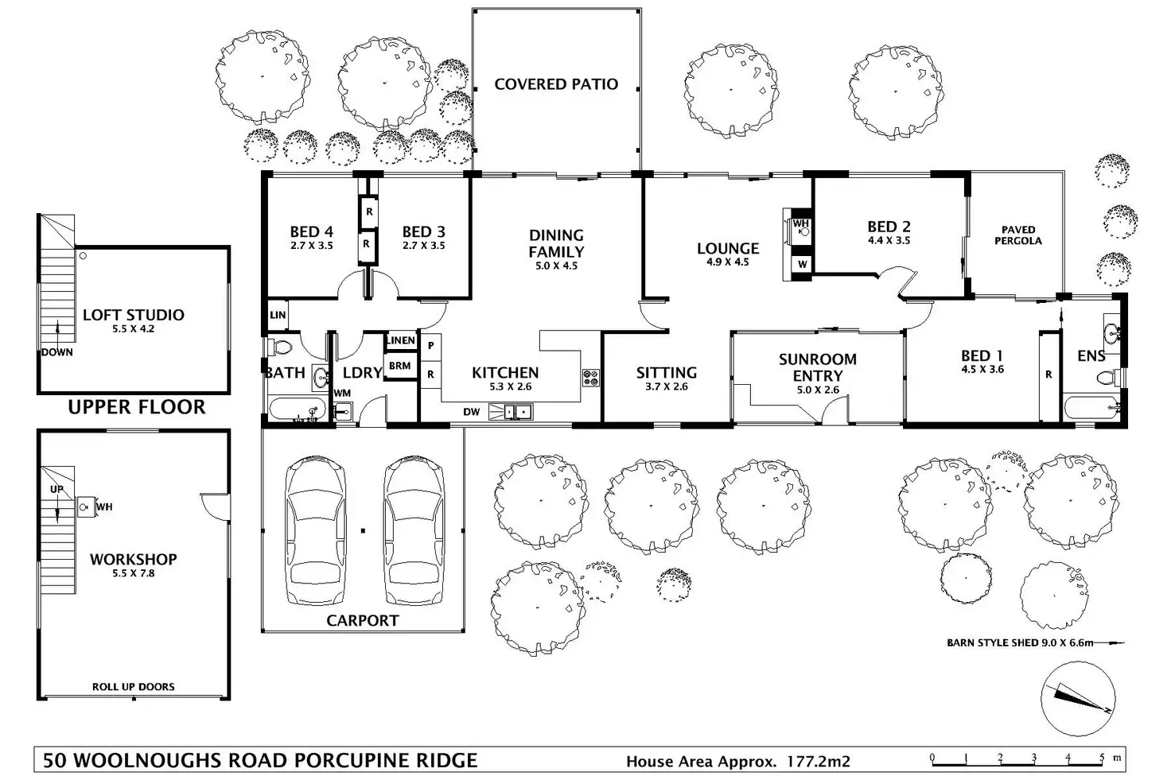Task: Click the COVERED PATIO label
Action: point(556,84)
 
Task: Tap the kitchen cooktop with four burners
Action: point(591,378)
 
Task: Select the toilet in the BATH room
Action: point(279,347)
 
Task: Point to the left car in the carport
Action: point(315,531)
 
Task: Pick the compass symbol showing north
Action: point(1078,699)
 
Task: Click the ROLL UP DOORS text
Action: point(134,686)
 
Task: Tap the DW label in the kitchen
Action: point(471,412)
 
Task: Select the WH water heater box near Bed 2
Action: point(801,227)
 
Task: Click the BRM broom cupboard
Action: point(400,366)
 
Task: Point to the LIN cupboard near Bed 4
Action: point(278,315)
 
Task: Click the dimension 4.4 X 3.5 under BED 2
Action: point(889,240)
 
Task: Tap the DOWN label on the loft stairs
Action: point(57,352)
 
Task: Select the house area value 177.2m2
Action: point(818,761)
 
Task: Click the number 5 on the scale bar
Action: point(1102,757)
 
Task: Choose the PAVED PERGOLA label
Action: point(1017,235)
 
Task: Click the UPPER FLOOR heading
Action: point(137,407)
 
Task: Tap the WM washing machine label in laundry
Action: point(342,393)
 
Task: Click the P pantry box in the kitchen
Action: point(430,346)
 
